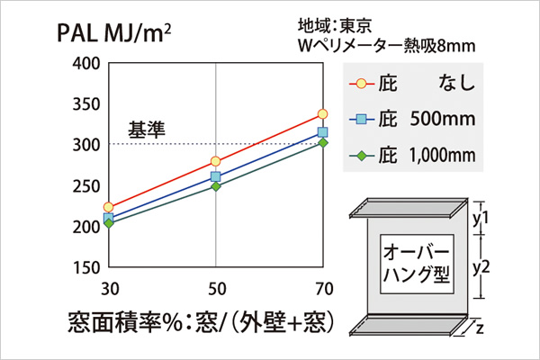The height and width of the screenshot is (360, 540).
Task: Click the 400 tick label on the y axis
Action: pyautogui.click(x=83, y=63)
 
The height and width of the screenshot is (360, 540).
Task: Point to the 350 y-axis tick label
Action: pyautogui.click(x=83, y=103)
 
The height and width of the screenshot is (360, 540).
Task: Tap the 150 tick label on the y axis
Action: pyautogui.click(x=83, y=267)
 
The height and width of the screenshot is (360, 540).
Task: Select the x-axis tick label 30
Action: pyautogui.click(x=108, y=289)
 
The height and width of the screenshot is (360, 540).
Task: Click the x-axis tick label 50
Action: pyautogui.click(x=216, y=289)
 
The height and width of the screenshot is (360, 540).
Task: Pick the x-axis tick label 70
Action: pyautogui.click(x=323, y=289)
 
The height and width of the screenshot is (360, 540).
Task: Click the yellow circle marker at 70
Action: pyautogui.click(x=323, y=114)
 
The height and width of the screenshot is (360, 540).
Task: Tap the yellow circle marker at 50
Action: pyautogui.click(x=216, y=161)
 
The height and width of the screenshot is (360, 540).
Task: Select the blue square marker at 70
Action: pyautogui.click(x=323, y=132)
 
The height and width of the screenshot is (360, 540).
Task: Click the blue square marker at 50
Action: pyautogui.click(x=216, y=176)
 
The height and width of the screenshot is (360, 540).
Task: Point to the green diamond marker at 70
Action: pyautogui.click(x=323, y=142)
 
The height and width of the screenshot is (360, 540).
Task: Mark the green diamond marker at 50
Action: pyautogui.click(x=216, y=185)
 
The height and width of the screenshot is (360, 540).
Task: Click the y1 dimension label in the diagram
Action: pyautogui.click(x=480, y=217)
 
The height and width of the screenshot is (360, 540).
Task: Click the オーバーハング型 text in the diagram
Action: pyautogui.click(x=416, y=261)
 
